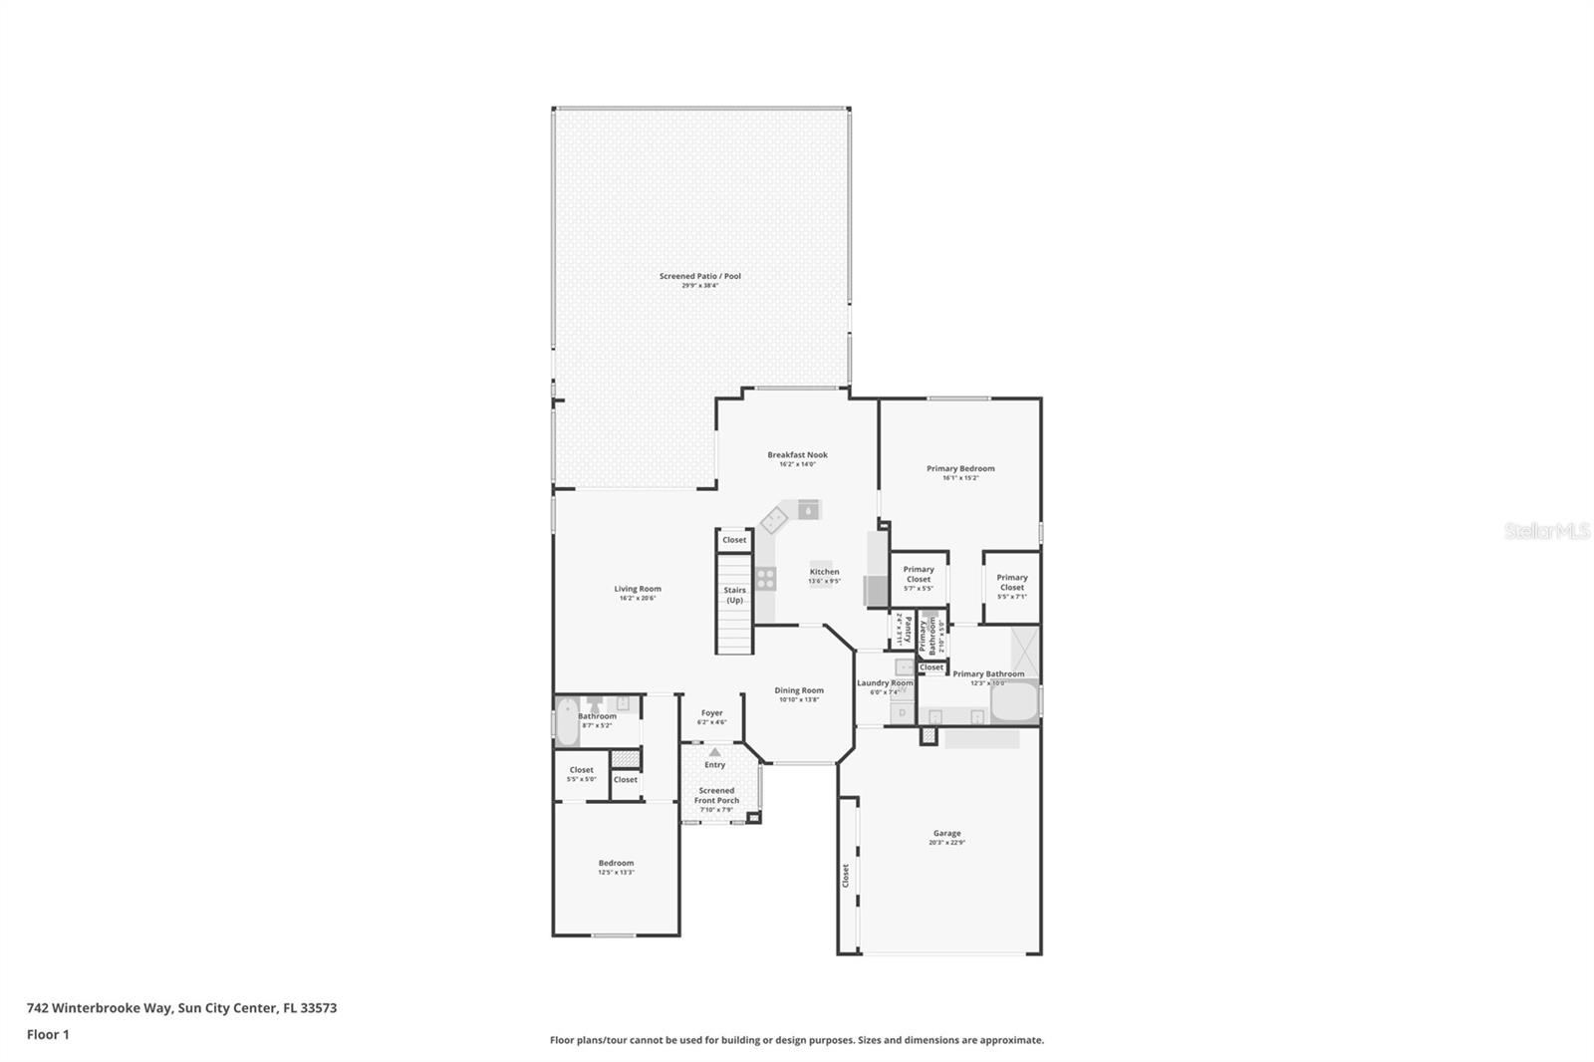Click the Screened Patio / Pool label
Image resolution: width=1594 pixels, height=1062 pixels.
(699, 276)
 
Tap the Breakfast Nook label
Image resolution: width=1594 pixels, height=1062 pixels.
(797, 454)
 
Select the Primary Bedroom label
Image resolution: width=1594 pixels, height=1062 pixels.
(960, 468)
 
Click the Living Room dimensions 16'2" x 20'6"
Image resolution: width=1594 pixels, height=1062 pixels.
(637, 598)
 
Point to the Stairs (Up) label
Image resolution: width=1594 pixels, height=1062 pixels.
(734, 595)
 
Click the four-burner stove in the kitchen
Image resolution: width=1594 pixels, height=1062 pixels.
(765, 578)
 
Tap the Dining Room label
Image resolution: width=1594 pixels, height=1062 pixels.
(799, 690)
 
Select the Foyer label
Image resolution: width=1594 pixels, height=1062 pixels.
(711, 713)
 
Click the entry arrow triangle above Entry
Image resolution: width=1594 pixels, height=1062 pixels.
(714, 752)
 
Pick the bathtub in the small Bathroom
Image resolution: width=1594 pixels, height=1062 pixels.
(565, 721)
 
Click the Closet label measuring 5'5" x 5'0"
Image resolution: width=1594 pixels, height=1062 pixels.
(582, 770)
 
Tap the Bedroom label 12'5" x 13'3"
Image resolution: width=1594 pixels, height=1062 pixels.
(616, 863)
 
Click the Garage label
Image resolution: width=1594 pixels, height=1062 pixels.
(946, 833)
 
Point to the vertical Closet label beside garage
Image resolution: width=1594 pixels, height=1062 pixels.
(846, 876)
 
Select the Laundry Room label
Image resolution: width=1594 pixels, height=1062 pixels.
(885, 682)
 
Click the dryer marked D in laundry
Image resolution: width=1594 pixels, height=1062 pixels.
(902, 712)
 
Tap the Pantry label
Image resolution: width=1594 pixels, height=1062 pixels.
(908, 629)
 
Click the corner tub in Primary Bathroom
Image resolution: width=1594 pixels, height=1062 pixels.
(1014, 703)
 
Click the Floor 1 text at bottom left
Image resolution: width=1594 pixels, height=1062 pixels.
(48, 1034)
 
